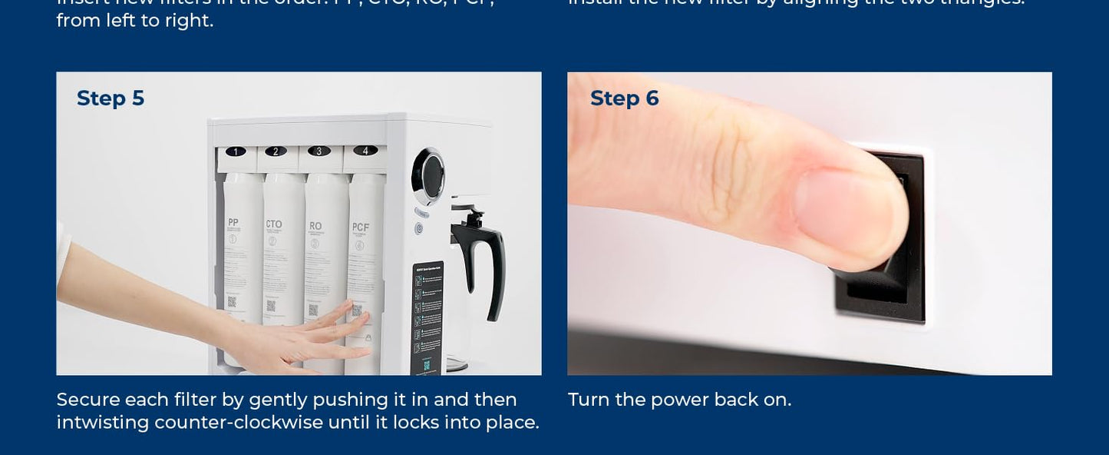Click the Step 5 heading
[111, 98]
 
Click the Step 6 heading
[624, 98]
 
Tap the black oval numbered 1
[236, 151]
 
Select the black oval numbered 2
[276, 151]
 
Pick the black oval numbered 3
[319, 151]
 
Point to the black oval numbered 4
[365, 151]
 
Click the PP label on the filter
[233, 223]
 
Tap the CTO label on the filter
[273, 224]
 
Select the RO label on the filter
[315, 227]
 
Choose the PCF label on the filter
[360, 227]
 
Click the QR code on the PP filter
[232, 302]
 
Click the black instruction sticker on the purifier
[427, 315]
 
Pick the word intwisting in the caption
[102, 423]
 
